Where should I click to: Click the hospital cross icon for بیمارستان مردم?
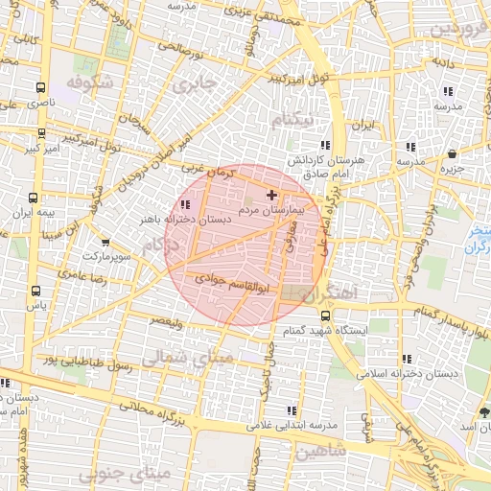pos(271,195)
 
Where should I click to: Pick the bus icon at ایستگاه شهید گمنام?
pos(326,315)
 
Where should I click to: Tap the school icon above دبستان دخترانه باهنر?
pos(184,204)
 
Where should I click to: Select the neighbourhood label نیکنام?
pos(292,122)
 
